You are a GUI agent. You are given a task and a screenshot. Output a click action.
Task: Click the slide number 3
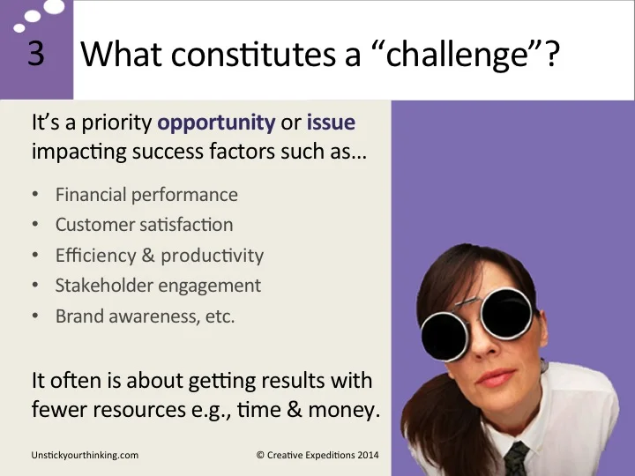click(x=35, y=55)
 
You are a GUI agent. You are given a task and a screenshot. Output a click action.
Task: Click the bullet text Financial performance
click(x=146, y=195)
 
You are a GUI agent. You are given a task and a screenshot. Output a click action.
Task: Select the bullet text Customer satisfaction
click(x=144, y=225)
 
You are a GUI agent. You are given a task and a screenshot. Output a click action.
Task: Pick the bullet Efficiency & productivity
click(x=159, y=256)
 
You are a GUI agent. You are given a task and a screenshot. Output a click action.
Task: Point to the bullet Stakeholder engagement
click(x=158, y=286)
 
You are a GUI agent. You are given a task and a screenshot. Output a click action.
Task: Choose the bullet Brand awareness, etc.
click(x=145, y=316)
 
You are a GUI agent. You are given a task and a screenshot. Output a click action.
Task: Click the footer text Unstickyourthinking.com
click(x=85, y=456)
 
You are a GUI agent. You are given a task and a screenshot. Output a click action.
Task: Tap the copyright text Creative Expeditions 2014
click(x=317, y=456)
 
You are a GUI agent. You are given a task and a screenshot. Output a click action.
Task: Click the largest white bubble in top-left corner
click(x=54, y=8)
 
